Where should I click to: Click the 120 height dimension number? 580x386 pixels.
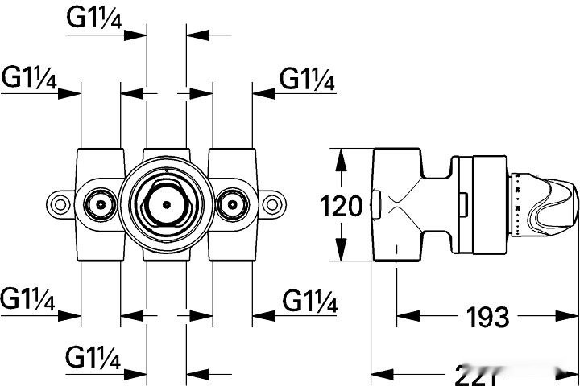coord(342,207)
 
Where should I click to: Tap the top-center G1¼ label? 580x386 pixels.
coord(94,20)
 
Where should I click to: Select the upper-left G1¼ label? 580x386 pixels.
coord(29,78)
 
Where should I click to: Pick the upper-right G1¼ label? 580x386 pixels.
coord(308,79)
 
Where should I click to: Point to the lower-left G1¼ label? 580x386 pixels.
coord(28,301)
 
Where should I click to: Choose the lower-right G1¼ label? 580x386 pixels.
coord(309,302)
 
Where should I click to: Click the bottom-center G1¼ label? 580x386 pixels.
coord(93,357)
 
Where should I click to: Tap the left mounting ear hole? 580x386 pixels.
coord(60,204)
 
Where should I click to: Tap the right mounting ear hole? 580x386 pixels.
coord(274,204)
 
